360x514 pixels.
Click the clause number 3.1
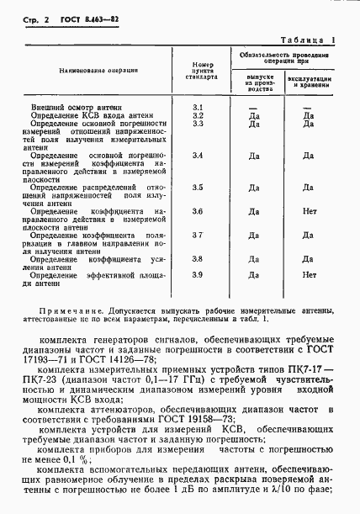(x=199, y=107)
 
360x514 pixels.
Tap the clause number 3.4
(x=199, y=156)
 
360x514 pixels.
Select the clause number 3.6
(x=199, y=210)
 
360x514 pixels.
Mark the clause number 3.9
(x=199, y=275)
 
